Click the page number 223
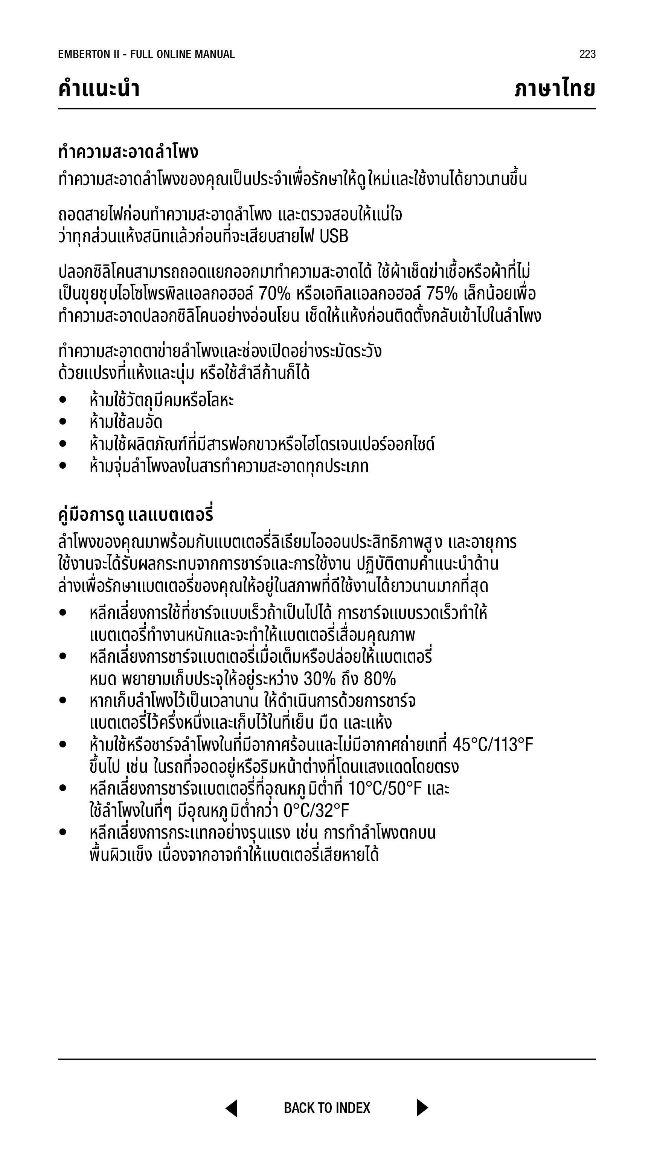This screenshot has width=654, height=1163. [587, 54]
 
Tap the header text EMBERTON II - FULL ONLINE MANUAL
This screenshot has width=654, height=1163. [146, 54]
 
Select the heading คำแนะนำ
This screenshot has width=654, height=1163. [99, 89]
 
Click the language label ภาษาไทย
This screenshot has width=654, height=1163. [555, 89]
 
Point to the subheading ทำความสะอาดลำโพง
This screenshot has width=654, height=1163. [128, 152]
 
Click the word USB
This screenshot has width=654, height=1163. [334, 237]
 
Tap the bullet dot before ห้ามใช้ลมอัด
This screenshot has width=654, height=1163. [63, 422]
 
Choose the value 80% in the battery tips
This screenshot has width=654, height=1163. [380, 679]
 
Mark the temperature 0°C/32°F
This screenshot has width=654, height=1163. [316, 811]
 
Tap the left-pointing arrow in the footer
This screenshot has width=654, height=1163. [232, 1108]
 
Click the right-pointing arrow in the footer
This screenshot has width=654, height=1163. [422, 1108]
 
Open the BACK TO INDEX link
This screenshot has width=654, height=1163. [327, 1108]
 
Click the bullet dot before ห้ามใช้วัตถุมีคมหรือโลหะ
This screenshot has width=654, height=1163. [63, 400]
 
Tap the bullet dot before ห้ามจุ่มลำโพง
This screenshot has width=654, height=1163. [63, 466]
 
